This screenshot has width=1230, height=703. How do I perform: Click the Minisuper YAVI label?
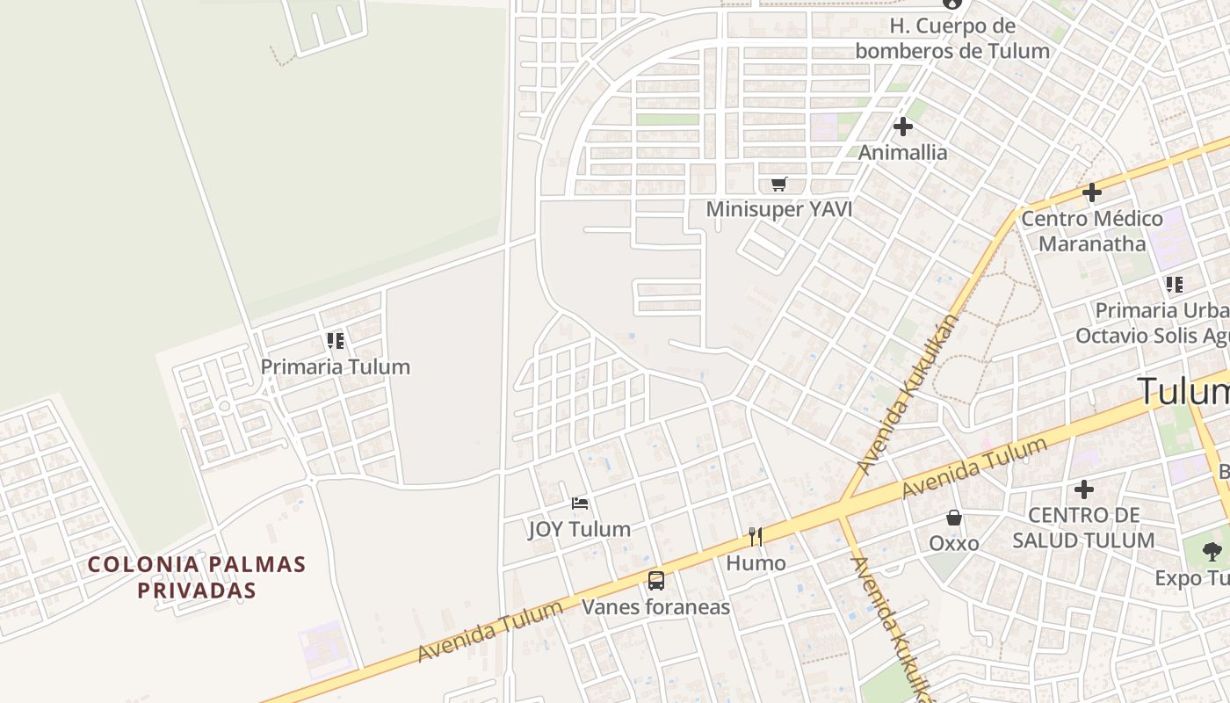point(778,209)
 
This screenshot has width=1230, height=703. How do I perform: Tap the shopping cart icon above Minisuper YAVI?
point(778,184)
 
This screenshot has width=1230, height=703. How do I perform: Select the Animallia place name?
point(902,152)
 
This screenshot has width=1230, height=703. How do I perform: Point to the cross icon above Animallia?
point(902,127)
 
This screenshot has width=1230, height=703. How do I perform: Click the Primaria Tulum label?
point(335,366)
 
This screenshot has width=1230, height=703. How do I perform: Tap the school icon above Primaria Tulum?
point(335,340)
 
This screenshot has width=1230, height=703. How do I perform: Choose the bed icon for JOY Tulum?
point(579,504)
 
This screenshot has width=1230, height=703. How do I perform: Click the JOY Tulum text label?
point(579,529)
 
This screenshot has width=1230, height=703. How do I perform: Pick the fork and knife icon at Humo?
point(756,536)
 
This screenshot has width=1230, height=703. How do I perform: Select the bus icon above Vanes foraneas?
point(656,580)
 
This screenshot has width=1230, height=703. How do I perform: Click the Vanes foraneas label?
point(656,606)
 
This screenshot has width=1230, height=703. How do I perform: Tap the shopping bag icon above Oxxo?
point(954,518)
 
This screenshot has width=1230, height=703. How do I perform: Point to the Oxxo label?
point(954,543)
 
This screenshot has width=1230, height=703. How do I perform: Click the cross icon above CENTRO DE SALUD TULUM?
point(1084,489)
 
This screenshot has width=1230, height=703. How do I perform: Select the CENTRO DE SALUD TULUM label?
point(1083,527)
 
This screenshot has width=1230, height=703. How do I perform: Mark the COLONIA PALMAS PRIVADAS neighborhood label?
point(197,576)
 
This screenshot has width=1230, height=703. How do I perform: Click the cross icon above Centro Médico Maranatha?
point(1092,192)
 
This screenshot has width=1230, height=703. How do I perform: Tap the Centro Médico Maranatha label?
point(1092,230)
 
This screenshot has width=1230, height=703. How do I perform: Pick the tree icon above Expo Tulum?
point(1212,552)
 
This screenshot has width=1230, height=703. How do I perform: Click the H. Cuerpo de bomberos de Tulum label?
point(952,38)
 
